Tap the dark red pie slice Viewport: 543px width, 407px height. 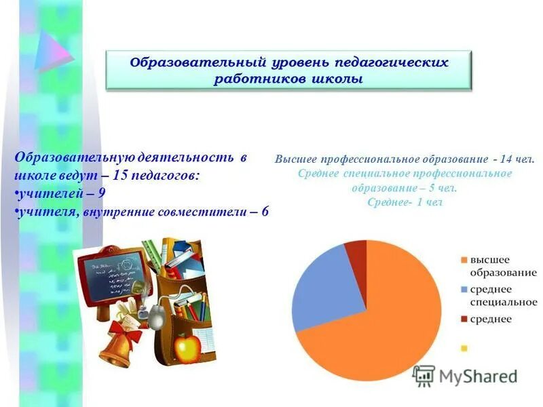[x=357, y=250]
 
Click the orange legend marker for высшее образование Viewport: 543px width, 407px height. [x=464, y=260]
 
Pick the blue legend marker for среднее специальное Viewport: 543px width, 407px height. [x=464, y=289]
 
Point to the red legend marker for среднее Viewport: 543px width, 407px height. [x=464, y=318]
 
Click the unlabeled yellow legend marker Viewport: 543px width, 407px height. [x=464, y=348]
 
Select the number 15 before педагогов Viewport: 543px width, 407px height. [x=121, y=175]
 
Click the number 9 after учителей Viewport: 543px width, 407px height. [x=101, y=193]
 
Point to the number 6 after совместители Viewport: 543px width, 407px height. [x=264, y=212]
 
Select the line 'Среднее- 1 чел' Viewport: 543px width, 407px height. [x=405, y=202]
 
